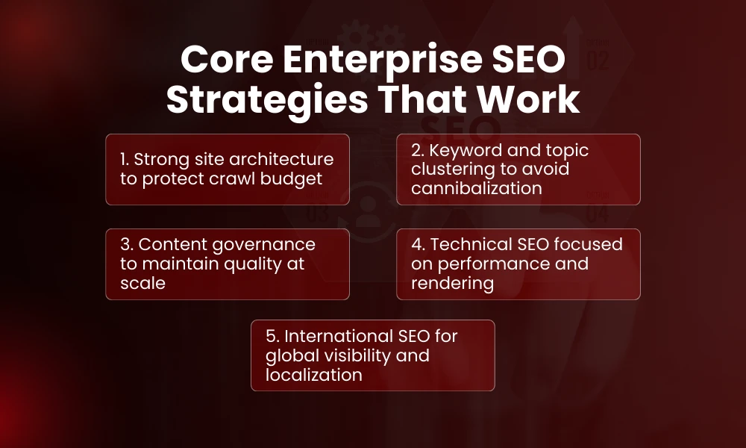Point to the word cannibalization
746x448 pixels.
(x=477, y=189)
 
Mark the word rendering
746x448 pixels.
(x=452, y=284)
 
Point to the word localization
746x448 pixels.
(x=314, y=375)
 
